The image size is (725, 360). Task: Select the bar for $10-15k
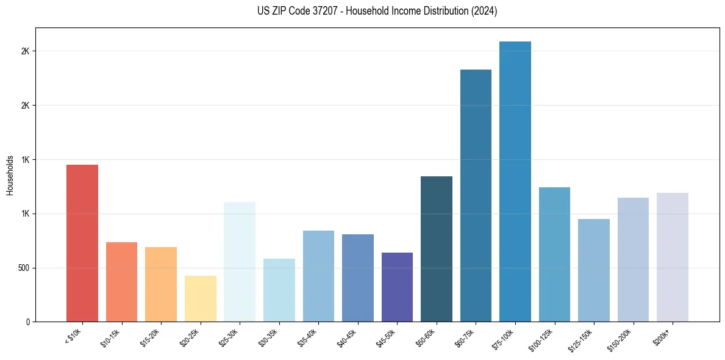click(121, 282)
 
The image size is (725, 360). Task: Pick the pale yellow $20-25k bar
click(200, 298)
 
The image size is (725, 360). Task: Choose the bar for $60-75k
click(476, 195)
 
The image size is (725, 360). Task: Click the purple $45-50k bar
click(397, 287)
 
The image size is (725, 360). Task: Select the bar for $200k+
click(672, 257)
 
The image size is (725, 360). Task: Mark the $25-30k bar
click(239, 262)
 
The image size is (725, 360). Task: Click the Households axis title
click(10, 175)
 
